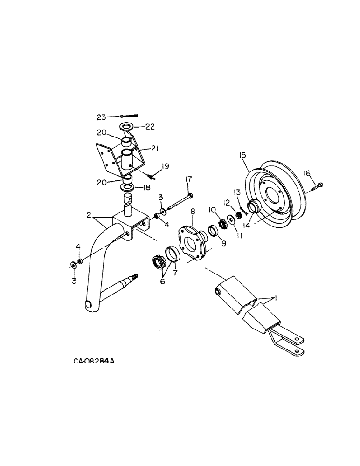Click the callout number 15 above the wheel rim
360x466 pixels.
pyautogui.click(x=242, y=154)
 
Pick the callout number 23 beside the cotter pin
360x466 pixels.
pyautogui.click(x=102, y=116)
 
